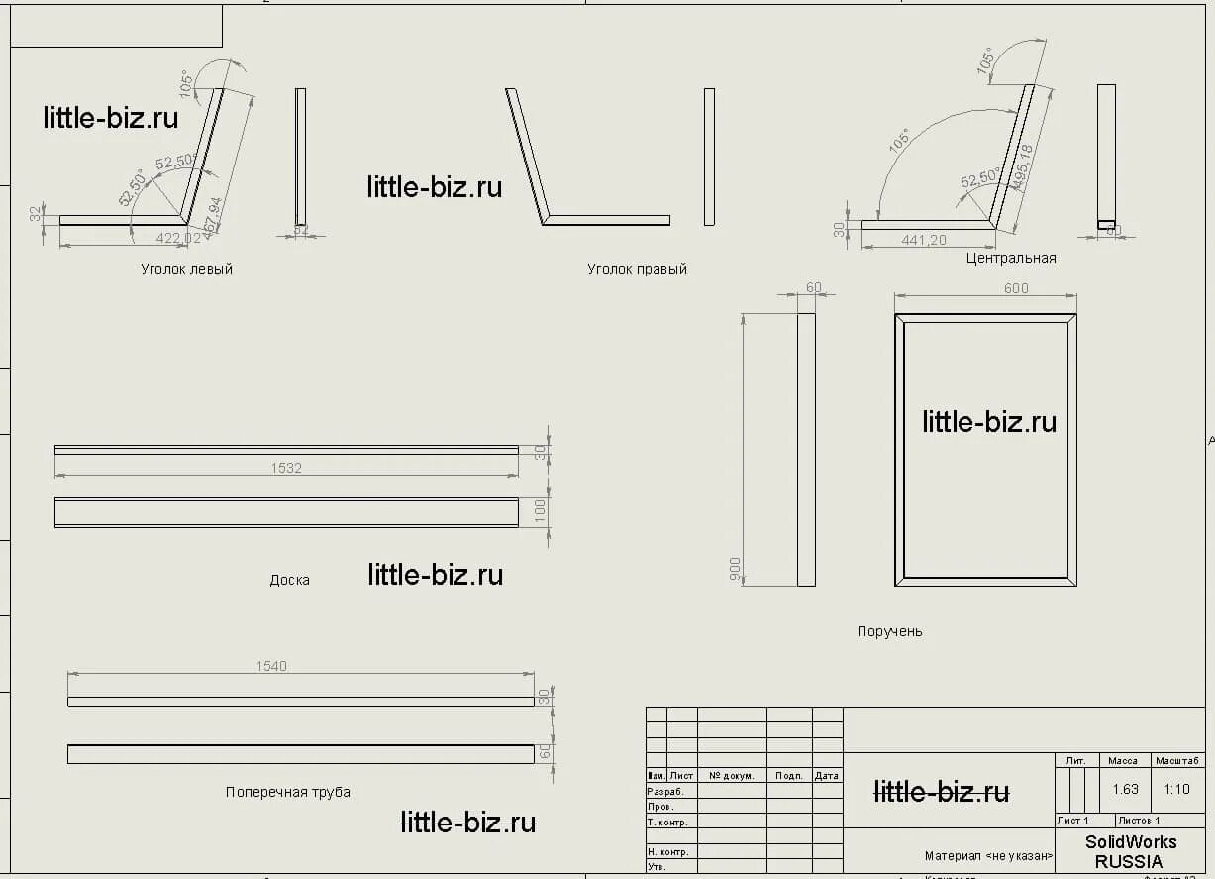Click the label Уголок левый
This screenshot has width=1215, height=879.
186,269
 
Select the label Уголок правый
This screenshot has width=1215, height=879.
637,269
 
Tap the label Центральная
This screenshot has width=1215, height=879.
1011,258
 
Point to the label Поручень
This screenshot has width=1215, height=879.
889,631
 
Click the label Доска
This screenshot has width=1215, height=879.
289,580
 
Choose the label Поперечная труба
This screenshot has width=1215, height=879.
287,792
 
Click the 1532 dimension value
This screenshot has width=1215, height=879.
286,468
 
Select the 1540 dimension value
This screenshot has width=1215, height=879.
271,666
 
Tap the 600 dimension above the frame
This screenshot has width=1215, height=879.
1016,288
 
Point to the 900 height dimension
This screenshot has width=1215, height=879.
735,568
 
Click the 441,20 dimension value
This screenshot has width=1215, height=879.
924,240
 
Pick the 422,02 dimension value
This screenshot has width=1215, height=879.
178,238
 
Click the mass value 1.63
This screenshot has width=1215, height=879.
1125,790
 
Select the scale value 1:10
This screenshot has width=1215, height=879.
1177,790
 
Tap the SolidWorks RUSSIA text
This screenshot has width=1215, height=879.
1131,851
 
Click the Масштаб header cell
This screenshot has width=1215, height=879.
1177,761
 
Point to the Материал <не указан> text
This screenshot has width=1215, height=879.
988,856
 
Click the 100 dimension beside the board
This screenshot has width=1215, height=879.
541,511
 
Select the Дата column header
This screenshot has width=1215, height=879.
827,776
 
